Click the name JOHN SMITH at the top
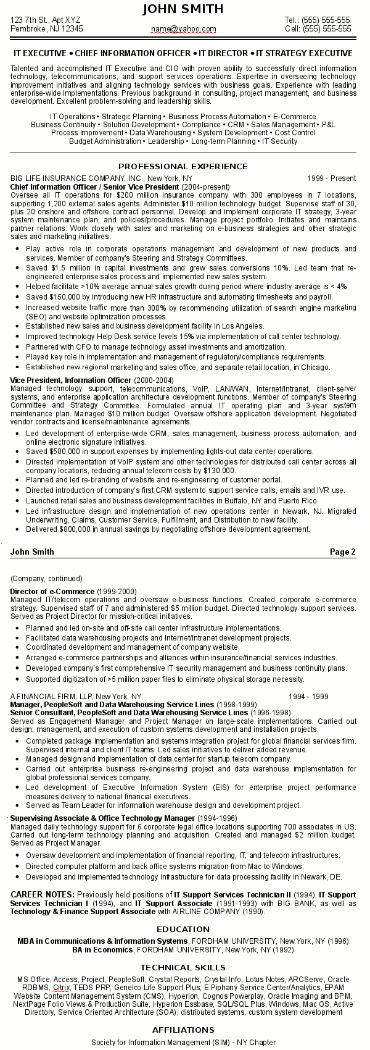click(x=183, y=9)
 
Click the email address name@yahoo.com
click(x=183, y=29)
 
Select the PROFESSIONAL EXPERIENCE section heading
click(x=183, y=166)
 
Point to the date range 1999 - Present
click(x=331, y=178)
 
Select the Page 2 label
click(x=342, y=552)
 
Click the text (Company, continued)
click(x=46, y=579)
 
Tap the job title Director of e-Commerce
click(x=53, y=592)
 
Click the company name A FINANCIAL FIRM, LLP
click(x=52, y=696)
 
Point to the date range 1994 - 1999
click(x=308, y=696)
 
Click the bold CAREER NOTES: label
click(x=43, y=894)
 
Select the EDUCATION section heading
click(x=183, y=929)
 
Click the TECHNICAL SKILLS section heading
click(x=183, y=967)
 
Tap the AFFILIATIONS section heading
click(x=183, y=1029)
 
